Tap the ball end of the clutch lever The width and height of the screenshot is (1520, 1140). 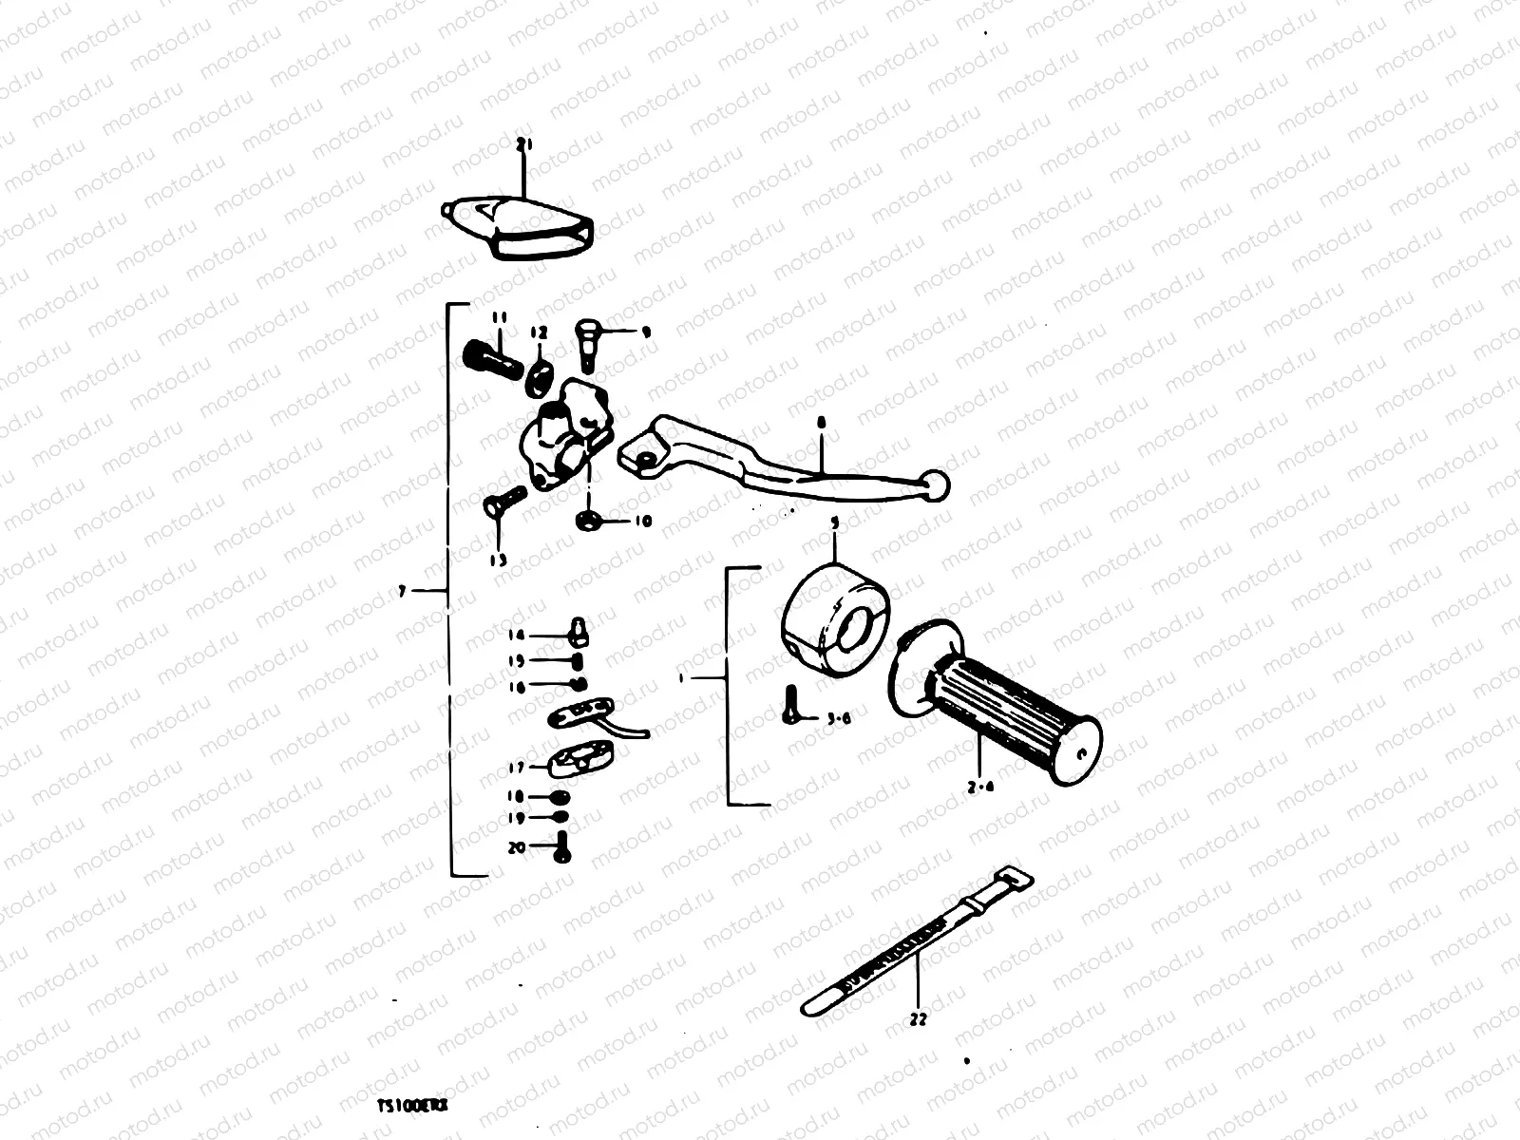935,485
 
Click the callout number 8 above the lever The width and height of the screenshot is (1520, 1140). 822,421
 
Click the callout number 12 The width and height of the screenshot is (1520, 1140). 539,333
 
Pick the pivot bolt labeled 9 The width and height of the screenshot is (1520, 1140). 587,344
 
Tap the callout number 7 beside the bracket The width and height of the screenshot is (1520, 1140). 403,591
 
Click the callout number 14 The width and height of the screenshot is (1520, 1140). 516,636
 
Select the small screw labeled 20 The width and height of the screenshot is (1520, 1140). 561,845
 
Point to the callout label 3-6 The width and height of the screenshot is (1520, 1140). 838,718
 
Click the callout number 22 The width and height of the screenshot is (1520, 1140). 918,1020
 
